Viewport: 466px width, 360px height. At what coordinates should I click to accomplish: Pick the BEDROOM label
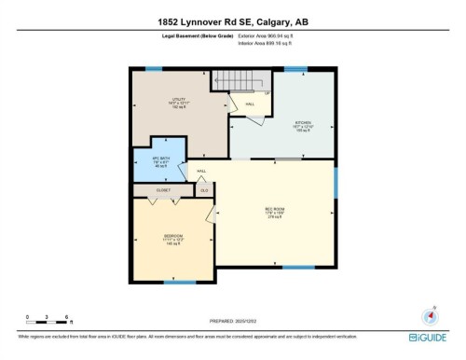tap(172, 237)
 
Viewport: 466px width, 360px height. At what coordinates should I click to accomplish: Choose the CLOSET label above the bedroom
tap(163, 189)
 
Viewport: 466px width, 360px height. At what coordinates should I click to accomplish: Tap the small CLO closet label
tap(204, 189)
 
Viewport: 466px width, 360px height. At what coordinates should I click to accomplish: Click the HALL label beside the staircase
tap(250, 104)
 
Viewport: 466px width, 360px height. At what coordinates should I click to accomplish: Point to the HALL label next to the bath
tap(200, 172)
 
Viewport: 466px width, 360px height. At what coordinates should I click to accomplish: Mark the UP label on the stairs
tap(267, 93)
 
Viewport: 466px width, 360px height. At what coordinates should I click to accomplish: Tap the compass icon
tap(432, 314)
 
